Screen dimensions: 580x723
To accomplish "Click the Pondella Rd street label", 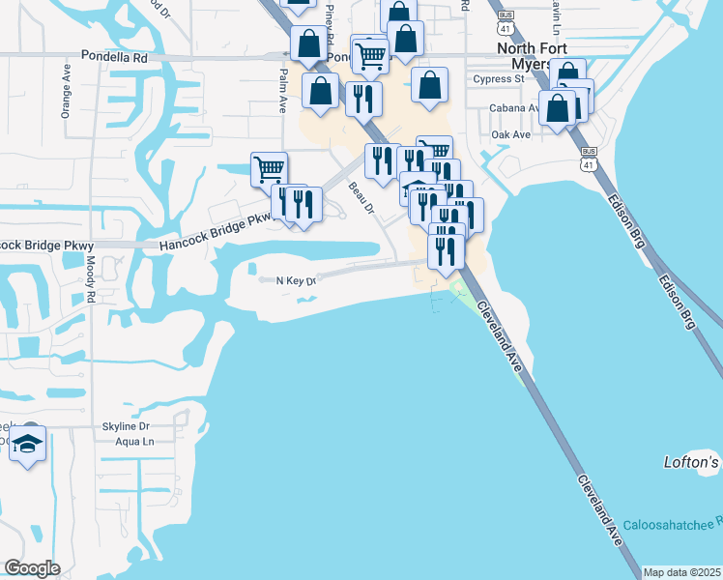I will coord(114,58).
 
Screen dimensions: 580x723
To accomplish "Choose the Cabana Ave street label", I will coord(513,108).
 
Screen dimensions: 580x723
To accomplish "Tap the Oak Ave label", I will coord(510,134).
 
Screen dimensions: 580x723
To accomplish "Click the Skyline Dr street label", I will coord(127,425).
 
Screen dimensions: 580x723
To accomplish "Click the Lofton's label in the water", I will coord(692,462).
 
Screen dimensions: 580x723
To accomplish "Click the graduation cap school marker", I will coord(28,445).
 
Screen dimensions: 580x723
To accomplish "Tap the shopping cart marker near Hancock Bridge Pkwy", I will coord(270,169).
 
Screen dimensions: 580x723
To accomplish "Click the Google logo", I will coord(32,568).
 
